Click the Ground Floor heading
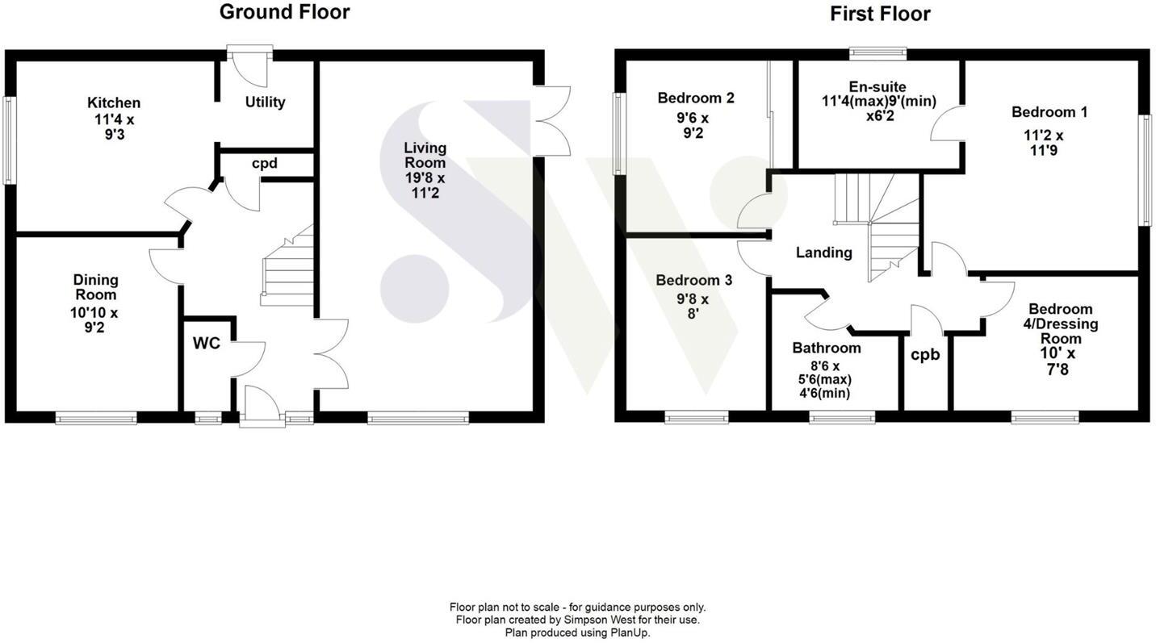click(x=284, y=12)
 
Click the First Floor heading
click(x=880, y=14)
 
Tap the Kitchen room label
click(x=114, y=102)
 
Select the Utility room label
click(x=265, y=102)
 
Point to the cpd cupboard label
click(x=264, y=163)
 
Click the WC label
click(x=206, y=343)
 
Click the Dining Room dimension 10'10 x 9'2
click(x=96, y=319)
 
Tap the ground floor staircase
click(x=287, y=270)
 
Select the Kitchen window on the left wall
click(x=10, y=140)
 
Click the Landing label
click(x=823, y=253)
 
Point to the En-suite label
click(x=877, y=86)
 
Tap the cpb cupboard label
click(x=925, y=354)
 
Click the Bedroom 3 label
click(x=693, y=280)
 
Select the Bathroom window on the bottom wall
click(x=842, y=417)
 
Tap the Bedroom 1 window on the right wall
click(x=1145, y=169)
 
